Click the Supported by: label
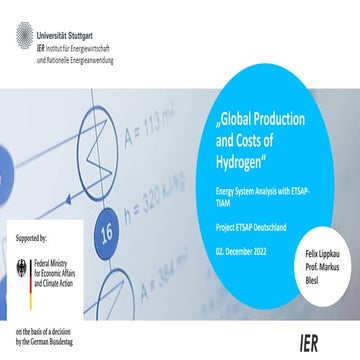pos(39,241)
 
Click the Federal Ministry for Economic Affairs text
pos(66,271)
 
